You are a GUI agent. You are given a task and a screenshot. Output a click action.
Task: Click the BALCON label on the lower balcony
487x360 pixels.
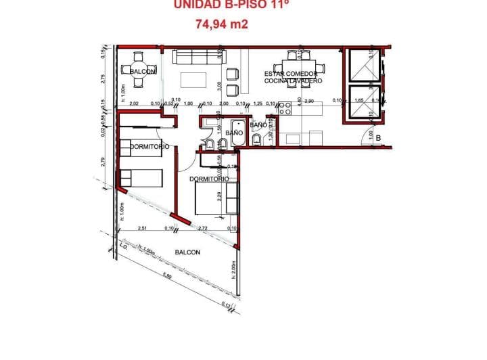[x=187, y=252]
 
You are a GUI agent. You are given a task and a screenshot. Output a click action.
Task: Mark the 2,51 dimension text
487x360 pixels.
[x=143, y=229]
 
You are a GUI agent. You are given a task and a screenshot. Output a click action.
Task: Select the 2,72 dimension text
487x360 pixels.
[x=203, y=229]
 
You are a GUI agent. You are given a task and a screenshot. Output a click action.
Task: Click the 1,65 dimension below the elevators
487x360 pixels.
[x=359, y=101]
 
